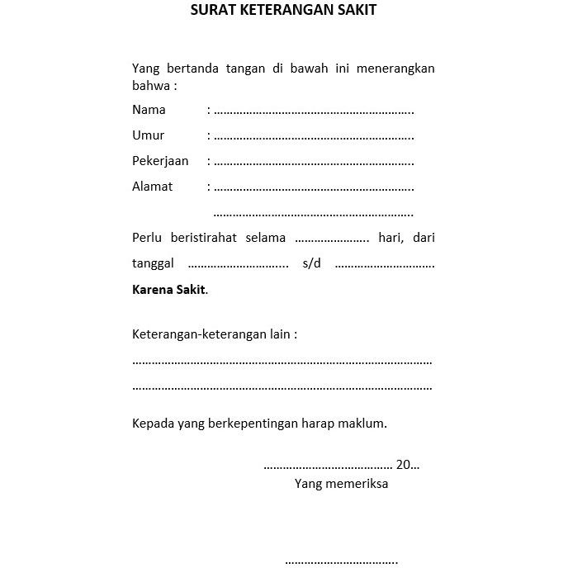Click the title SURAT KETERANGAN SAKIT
283,11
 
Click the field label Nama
149,110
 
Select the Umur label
148,135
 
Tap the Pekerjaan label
160,161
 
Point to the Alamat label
152,187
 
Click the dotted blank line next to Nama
314,111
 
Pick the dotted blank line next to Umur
314,137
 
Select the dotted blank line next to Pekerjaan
314,163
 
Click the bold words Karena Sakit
169,290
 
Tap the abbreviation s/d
311,263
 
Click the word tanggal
153,264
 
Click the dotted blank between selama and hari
332,239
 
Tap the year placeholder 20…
407,465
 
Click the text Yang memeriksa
341,484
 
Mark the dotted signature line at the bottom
341,562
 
